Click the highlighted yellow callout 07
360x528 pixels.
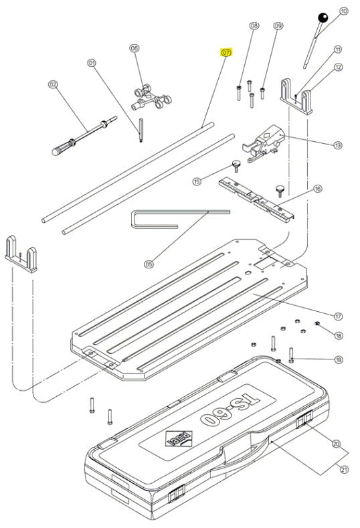coord(226,52)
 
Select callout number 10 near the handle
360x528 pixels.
coord(344,11)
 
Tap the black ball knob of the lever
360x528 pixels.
coord(323,18)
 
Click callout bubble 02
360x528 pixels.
coord(53,85)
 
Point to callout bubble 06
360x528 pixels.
coord(134,48)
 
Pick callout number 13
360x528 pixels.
coord(338,145)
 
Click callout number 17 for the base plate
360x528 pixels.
coord(338,315)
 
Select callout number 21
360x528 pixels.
coord(344,470)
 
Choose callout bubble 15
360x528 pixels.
coord(197,181)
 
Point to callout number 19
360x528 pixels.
coord(338,360)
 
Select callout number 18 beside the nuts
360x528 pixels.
coord(338,335)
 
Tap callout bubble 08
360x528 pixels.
coord(253,26)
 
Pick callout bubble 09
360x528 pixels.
coord(278,26)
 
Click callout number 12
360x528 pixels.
coord(338,67)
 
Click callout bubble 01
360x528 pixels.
coord(92,63)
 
